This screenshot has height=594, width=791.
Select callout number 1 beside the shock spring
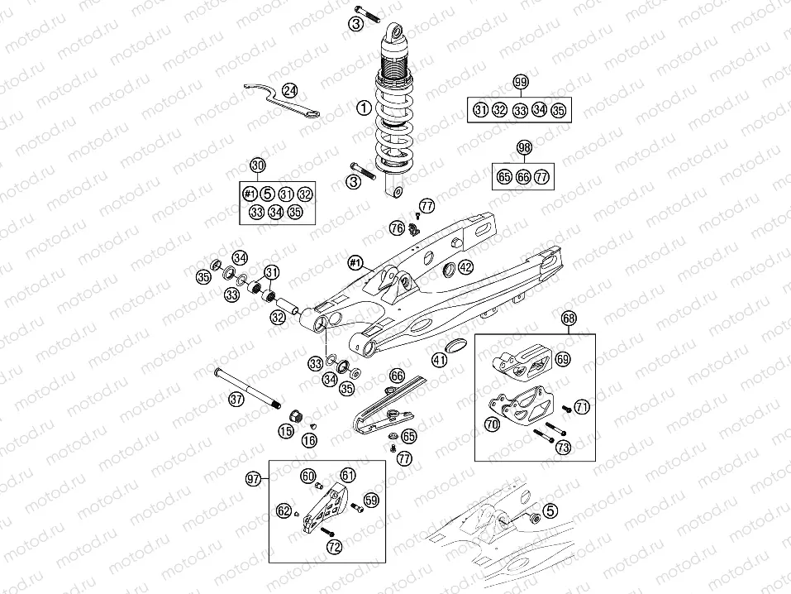pos(361,108)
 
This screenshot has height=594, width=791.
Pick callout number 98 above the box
pos(523,147)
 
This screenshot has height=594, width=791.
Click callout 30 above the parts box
pos(258,165)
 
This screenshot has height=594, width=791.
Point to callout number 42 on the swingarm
pos(465,266)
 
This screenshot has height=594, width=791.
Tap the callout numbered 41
pos(439,359)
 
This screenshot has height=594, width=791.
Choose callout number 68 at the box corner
pos(569,318)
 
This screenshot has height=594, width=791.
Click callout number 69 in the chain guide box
pos(562,359)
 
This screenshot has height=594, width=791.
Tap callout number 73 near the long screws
pos(563,448)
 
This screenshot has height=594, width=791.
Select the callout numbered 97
pos(252,478)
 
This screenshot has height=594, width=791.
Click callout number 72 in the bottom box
pos(333,547)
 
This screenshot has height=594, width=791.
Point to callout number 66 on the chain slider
pos(398,376)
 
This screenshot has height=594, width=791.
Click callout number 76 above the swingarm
pos(397,227)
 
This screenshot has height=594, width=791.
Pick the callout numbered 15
pos(286,430)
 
